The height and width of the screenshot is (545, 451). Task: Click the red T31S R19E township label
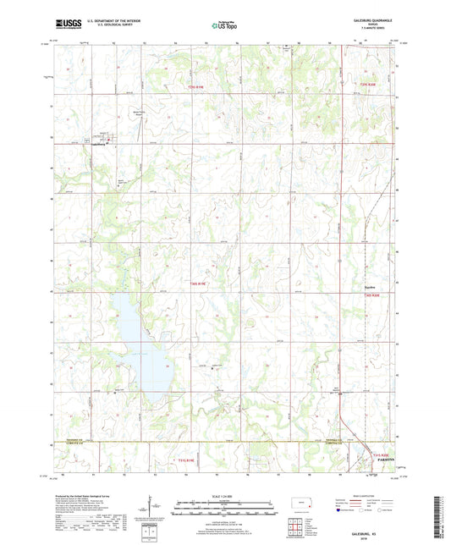point(186,460)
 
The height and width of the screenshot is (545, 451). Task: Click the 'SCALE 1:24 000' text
point(225,496)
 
